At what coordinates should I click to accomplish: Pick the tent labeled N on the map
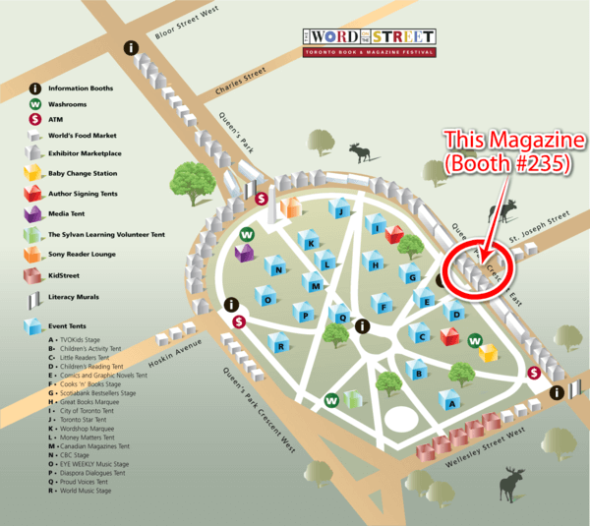click(x=279, y=268)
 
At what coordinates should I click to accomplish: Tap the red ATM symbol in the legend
click(x=35, y=119)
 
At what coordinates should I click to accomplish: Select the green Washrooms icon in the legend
click(x=35, y=103)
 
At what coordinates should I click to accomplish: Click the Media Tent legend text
click(x=72, y=212)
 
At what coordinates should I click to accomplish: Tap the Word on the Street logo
click(x=369, y=41)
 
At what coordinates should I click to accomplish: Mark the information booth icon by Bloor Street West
click(x=131, y=47)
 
